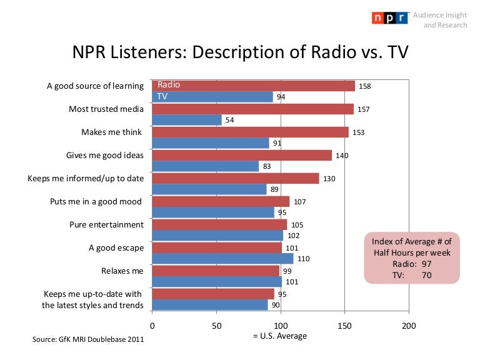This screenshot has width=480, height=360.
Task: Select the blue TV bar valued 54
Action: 186,120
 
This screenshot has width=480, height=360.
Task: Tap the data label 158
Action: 364,86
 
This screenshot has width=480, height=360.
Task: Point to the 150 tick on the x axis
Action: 344,325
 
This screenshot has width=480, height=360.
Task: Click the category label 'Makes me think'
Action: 112,132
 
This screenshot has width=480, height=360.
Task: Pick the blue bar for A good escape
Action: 222,259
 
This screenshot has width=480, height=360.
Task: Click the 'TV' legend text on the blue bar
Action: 162,97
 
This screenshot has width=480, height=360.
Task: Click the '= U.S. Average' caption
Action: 280,336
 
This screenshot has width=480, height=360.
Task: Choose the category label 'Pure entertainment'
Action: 106,224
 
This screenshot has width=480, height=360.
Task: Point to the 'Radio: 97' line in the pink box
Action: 411,264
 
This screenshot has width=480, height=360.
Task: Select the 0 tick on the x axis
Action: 152,325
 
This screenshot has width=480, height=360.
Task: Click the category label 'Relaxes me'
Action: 122,271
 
